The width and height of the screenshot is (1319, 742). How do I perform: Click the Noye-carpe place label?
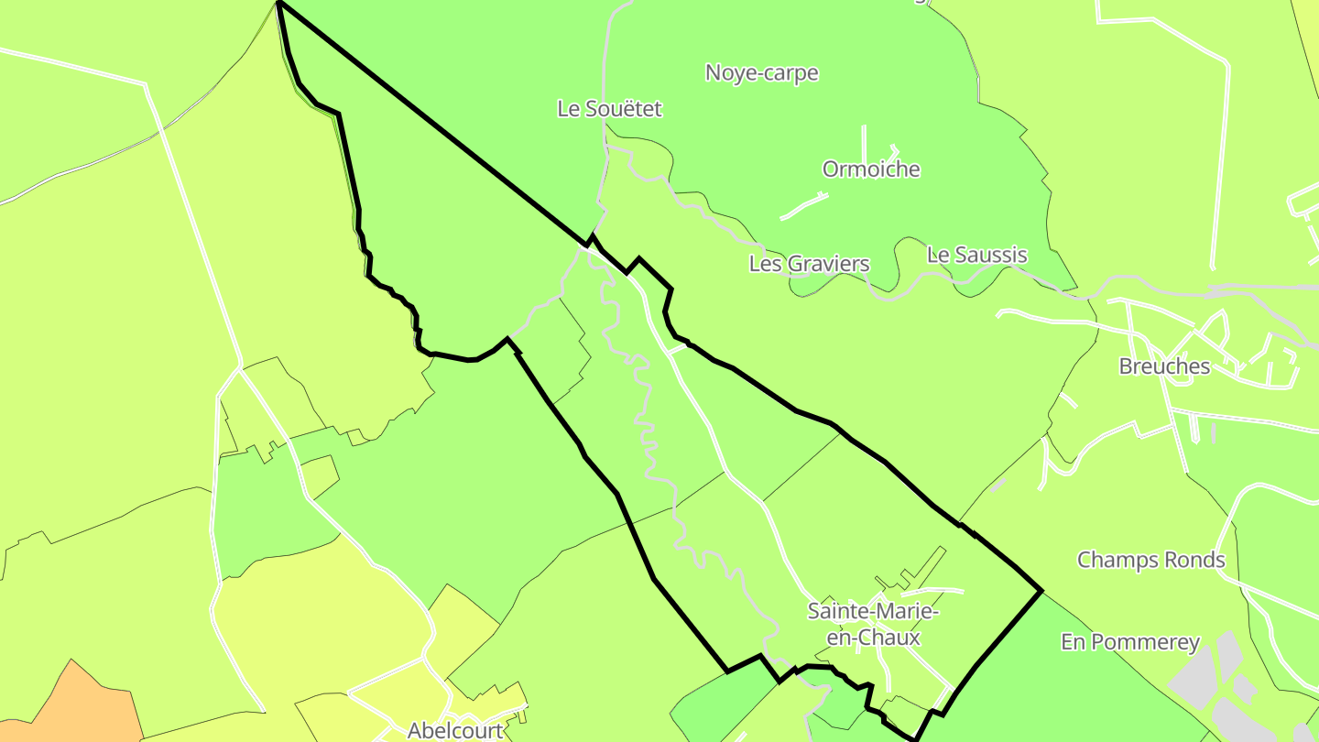pyautogui.click(x=761, y=73)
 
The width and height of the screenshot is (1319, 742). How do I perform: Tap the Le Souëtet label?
pyautogui.click(x=609, y=109)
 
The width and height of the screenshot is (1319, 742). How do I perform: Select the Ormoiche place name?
pyautogui.click(x=871, y=169)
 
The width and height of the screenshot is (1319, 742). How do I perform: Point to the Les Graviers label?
pyautogui.click(x=809, y=265)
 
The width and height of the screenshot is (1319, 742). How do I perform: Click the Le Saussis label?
pyautogui.click(x=976, y=256)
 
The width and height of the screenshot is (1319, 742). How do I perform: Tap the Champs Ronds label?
pyautogui.click(x=1150, y=560)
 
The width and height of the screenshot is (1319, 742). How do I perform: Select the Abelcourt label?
pyautogui.click(x=455, y=730)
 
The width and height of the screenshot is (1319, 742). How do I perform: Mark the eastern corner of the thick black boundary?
pyautogui.click(x=1041, y=591)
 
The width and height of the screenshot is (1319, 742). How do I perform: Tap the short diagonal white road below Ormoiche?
pyautogui.click(x=804, y=206)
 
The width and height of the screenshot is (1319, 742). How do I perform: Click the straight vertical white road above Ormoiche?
pyautogui.click(x=864, y=143)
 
